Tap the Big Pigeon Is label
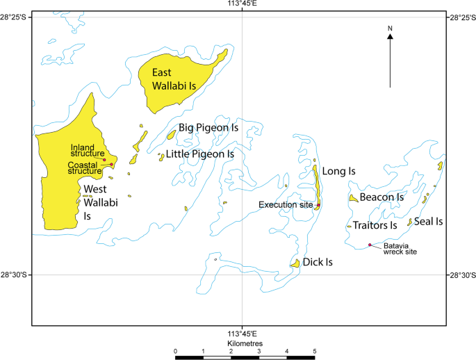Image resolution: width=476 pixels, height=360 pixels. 208,128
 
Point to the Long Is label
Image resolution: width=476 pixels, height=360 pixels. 340,170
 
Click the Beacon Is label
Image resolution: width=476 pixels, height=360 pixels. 381,197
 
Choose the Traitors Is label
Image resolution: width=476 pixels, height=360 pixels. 375,225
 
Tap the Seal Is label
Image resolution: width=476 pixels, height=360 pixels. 429,221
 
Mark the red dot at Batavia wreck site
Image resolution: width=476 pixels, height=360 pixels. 369,245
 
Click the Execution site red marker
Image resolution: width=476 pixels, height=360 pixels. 318,205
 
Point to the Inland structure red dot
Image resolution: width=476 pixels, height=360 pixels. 104,160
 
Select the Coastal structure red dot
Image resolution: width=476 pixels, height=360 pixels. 111,165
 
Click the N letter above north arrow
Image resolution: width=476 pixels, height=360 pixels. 391,28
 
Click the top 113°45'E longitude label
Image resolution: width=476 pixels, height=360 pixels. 242,4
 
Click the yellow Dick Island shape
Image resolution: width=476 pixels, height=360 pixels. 295,263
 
